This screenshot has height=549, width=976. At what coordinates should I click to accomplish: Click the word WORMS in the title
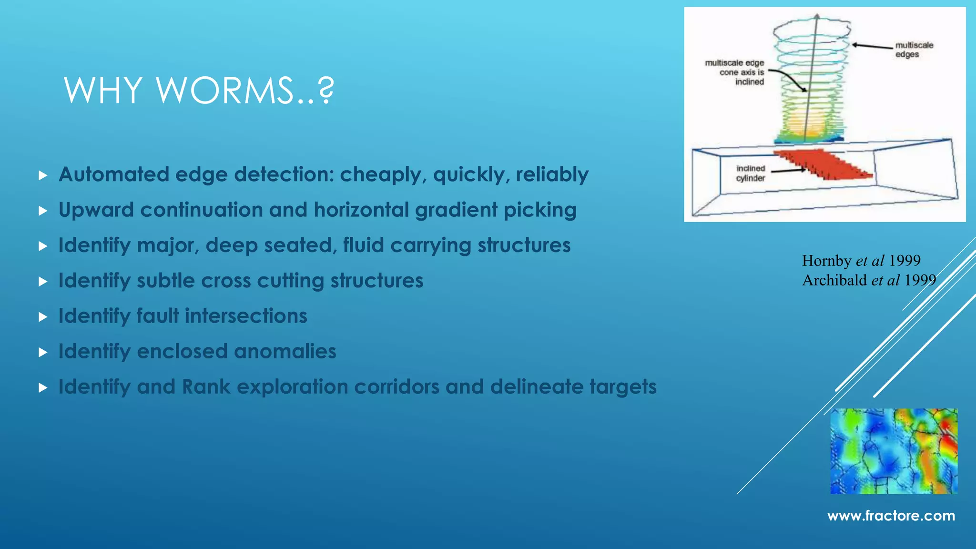[x=224, y=90]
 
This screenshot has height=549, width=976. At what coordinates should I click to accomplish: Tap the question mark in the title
[x=326, y=90]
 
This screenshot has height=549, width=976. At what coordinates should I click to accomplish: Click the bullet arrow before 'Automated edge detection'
[x=43, y=175]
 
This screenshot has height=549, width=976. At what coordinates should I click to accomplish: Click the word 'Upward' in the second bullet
[x=96, y=210]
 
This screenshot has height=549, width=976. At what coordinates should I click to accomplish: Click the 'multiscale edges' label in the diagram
[x=914, y=50]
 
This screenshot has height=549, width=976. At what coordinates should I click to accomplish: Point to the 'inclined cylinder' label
[x=750, y=173]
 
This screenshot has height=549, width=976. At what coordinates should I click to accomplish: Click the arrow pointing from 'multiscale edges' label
[x=872, y=46]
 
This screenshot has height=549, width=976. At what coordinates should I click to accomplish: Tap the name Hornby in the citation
[x=826, y=261]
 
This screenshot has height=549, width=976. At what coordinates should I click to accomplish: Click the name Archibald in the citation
[x=834, y=280]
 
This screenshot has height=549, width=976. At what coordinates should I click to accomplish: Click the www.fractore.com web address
[x=891, y=516]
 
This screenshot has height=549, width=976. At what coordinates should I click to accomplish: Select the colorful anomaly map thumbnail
[x=894, y=451]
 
